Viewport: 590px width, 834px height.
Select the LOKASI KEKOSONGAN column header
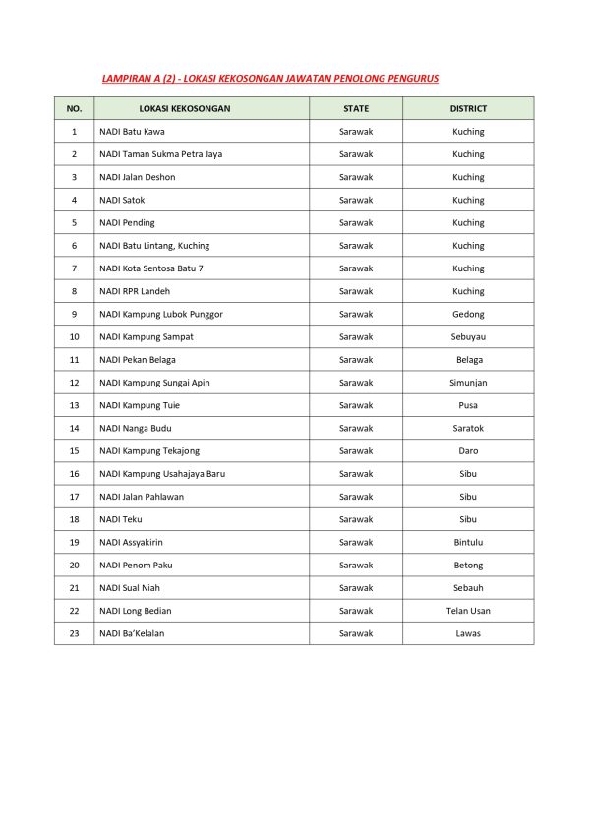[x=185, y=108]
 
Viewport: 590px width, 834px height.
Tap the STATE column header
[x=356, y=108]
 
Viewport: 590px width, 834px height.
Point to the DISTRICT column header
[x=468, y=108]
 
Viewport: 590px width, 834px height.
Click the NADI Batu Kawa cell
[x=132, y=132]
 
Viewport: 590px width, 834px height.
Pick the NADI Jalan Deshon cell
[x=137, y=177]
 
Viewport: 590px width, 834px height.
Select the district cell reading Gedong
[x=468, y=314]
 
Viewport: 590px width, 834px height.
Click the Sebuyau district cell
[x=468, y=336]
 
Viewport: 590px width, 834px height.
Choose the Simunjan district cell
[x=468, y=383]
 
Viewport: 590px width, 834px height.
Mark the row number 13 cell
[x=74, y=405]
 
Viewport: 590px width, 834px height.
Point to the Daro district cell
[x=468, y=450]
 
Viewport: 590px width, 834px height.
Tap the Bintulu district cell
[x=468, y=542]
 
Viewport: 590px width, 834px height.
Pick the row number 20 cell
[x=74, y=565]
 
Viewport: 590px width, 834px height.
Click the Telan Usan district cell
[x=468, y=611]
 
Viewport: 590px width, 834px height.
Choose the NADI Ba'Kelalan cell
[x=132, y=633]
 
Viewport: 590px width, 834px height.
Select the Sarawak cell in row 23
[x=356, y=633]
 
